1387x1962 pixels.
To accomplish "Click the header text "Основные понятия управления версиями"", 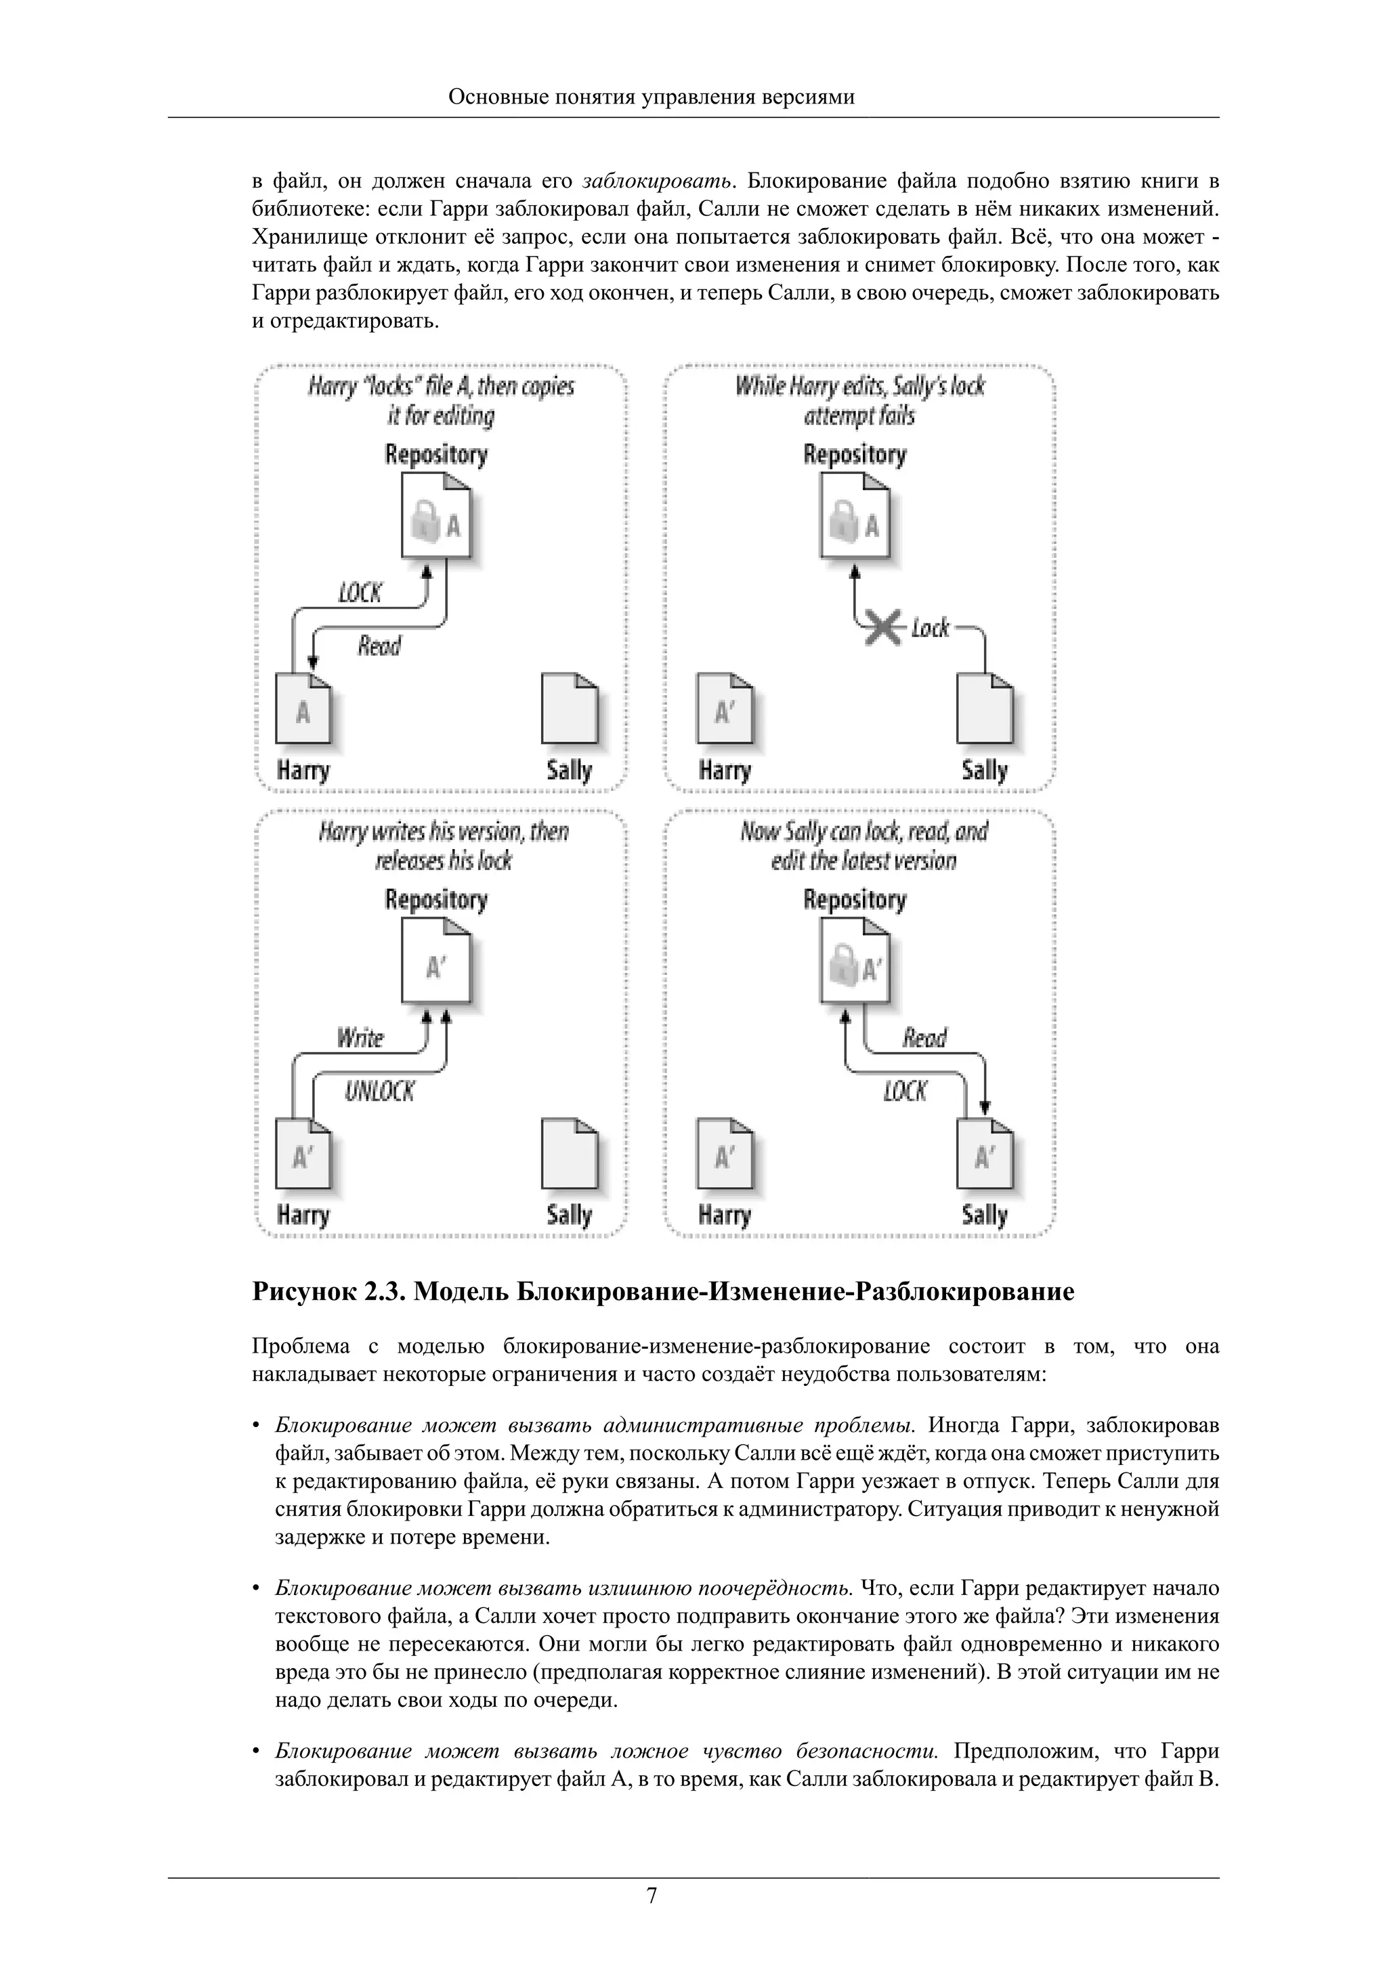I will pos(652,97).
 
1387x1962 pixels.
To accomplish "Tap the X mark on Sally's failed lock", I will pos(882,628).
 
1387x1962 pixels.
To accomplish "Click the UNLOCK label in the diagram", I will pos(379,1092).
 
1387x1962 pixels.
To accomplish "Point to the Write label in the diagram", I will pos(360,1039).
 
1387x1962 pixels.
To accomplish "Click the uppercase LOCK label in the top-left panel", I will pos(360,593).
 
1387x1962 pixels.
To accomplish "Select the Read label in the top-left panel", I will pos(379,646).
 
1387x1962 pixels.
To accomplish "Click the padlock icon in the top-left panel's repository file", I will pos(425,522).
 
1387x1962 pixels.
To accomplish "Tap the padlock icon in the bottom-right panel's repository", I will pos(842,967).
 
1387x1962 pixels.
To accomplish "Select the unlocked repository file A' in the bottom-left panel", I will pos(436,967).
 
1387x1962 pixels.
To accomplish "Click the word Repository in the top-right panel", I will pos(854,454).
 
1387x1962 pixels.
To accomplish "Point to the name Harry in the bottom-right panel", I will pos(724,1215).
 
